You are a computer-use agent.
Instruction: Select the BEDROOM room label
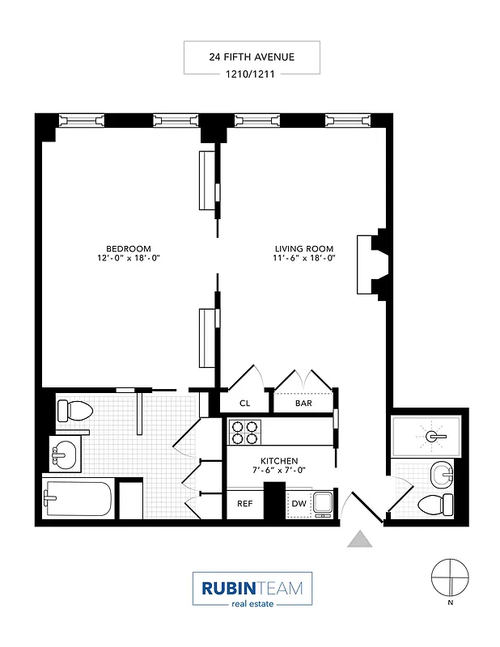click(128, 248)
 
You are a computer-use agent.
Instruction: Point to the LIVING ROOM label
click(304, 248)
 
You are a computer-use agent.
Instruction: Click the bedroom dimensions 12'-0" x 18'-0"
click(128, 258)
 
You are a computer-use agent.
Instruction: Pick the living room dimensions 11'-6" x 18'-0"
click(304, 258)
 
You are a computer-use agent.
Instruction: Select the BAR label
click(303, 403)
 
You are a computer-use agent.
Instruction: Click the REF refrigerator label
click(244, 504)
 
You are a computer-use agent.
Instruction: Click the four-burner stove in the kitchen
click(245, 432)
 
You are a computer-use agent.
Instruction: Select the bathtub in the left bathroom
click(78, 500)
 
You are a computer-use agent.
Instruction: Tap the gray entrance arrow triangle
click(359, 539)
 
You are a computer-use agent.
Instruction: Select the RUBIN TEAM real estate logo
click(252, 589)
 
